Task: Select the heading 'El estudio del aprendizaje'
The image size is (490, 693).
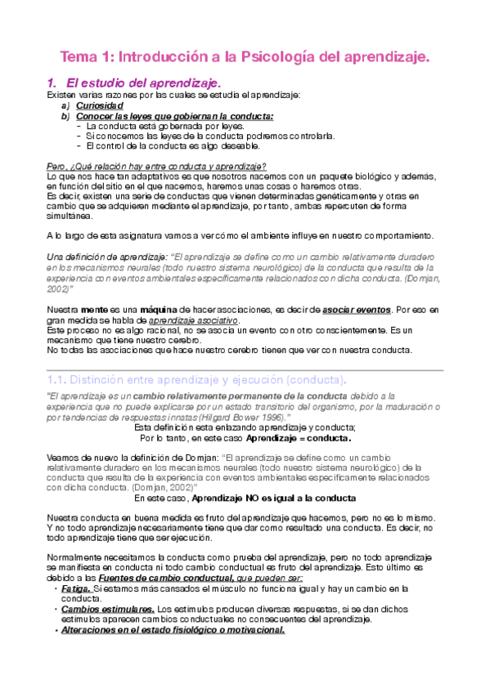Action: click(143, 83)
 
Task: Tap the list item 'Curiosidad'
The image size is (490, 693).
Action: click(100, 105)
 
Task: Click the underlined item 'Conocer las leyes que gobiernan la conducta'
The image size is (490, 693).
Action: click(175, 116)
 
